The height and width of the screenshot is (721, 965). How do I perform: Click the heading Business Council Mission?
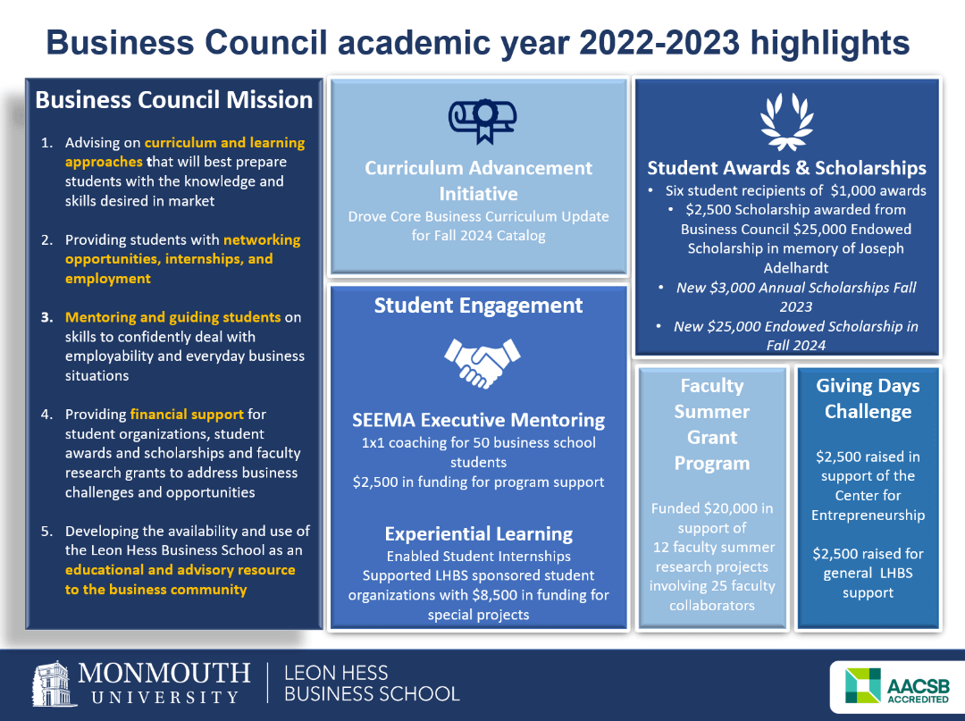tap(174, 100)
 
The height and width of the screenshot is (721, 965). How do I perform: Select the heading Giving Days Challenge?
tap(868, 398)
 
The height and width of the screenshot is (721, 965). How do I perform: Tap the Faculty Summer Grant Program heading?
tap(712, 424)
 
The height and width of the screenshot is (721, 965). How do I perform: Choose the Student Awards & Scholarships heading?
tap(786, 168)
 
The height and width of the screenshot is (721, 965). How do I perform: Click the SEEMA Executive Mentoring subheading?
tap(478, 420)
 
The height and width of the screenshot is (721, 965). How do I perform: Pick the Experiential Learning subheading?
tap(478, 533)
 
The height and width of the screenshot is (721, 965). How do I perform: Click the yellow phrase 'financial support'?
tap(187, 415)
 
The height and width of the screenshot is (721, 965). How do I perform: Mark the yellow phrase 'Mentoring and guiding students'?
tap(172, 317)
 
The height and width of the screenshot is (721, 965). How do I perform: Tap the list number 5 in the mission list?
tap(46, 532)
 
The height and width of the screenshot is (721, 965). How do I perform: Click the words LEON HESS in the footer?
tap(337, 673)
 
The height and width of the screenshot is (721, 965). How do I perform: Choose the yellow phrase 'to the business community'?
tap(155, 590)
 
